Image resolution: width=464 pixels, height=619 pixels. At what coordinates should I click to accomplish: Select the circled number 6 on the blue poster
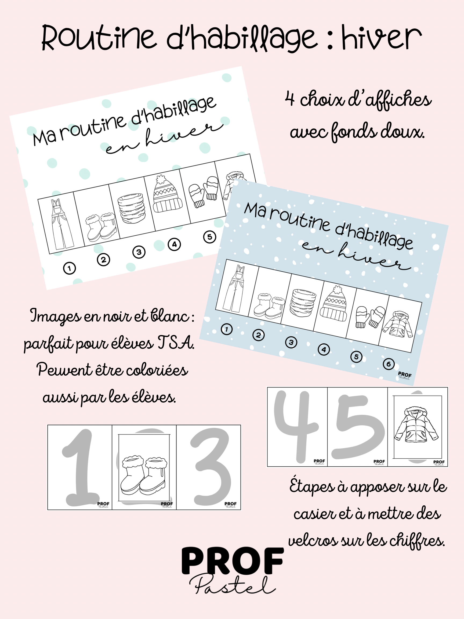(x=389, y=364)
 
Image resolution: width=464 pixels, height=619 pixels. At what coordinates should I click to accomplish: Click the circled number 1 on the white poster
(x=69, y=268)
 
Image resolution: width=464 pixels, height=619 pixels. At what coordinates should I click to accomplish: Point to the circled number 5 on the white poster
(x=209, y=237)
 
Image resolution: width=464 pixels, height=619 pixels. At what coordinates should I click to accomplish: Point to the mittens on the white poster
(x=204, y=191)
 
